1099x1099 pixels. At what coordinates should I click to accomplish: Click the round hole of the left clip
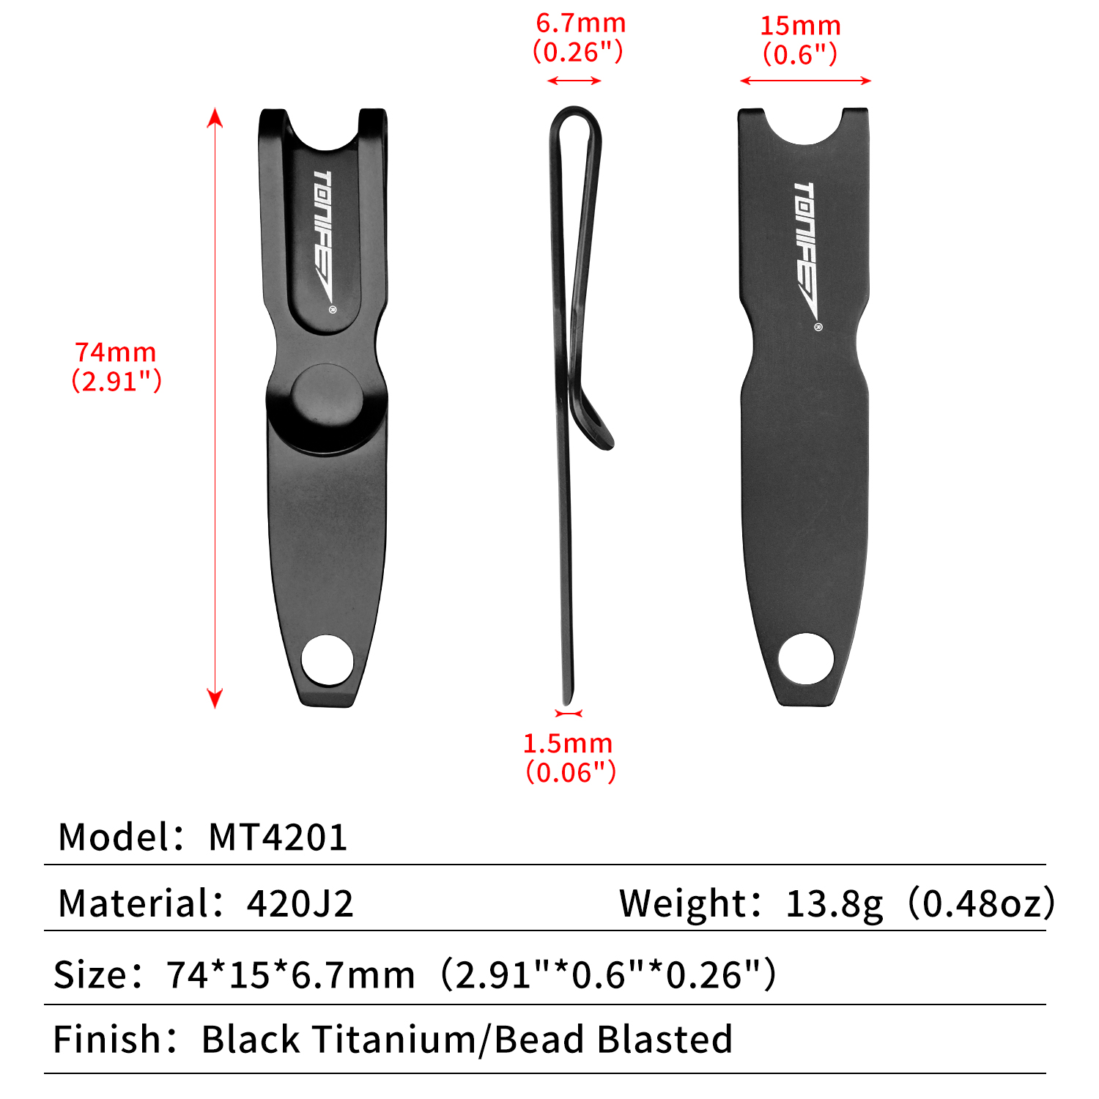click(328, 660)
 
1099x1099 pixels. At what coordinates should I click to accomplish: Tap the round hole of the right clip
click(806, 659)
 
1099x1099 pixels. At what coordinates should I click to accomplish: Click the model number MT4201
click(278, 837)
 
